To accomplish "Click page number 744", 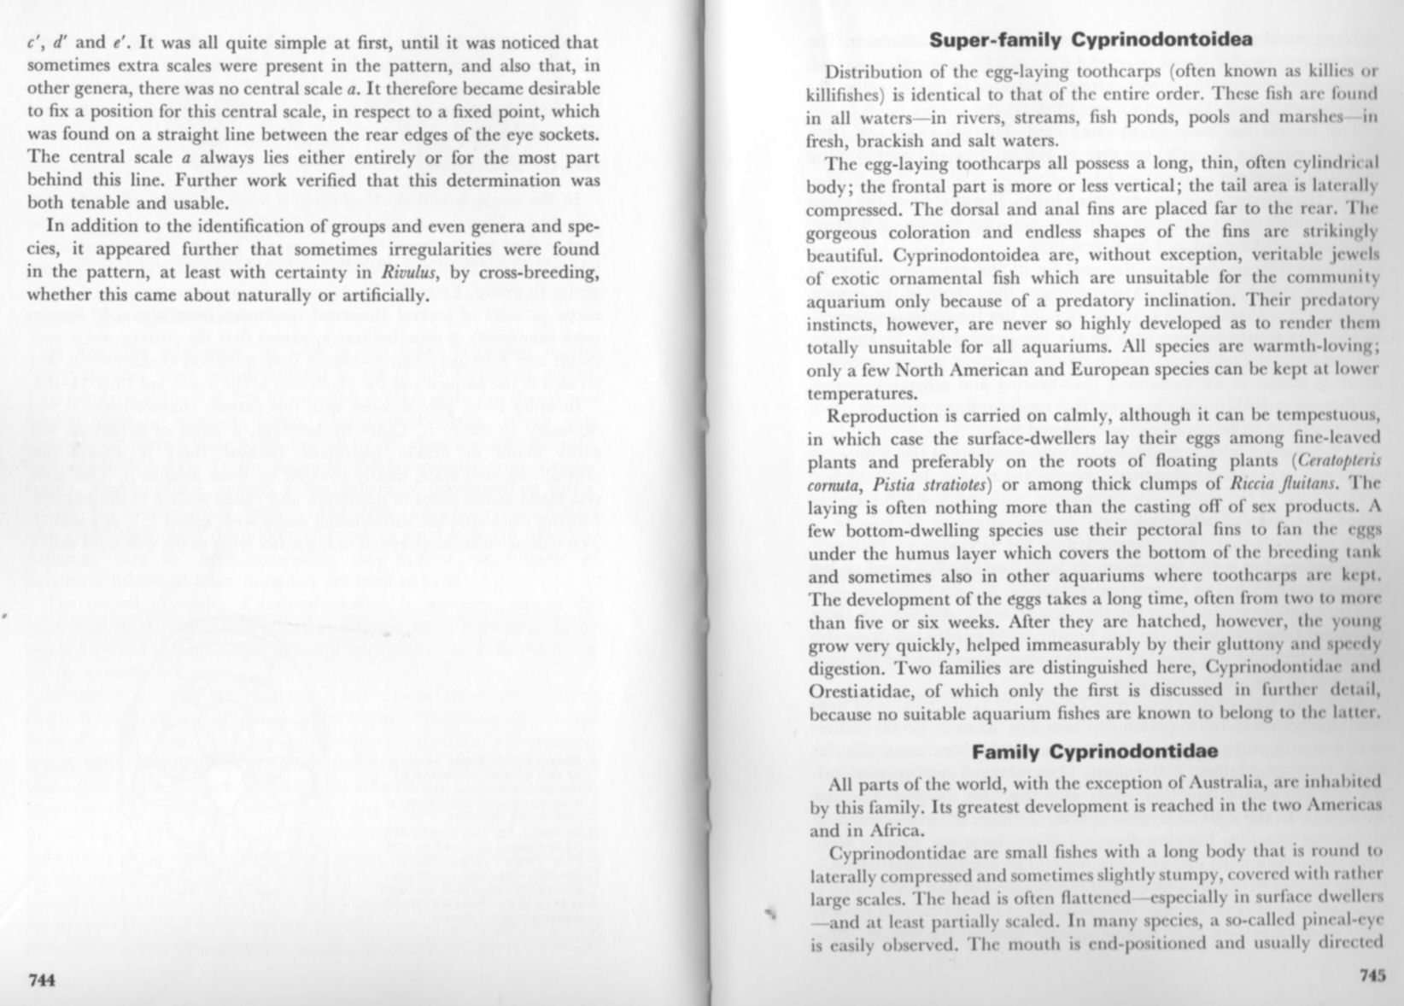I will tap(42, 980).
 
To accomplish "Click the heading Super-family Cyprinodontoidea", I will tap(1091, 39).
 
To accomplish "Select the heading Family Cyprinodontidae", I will tap(1094, 752).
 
